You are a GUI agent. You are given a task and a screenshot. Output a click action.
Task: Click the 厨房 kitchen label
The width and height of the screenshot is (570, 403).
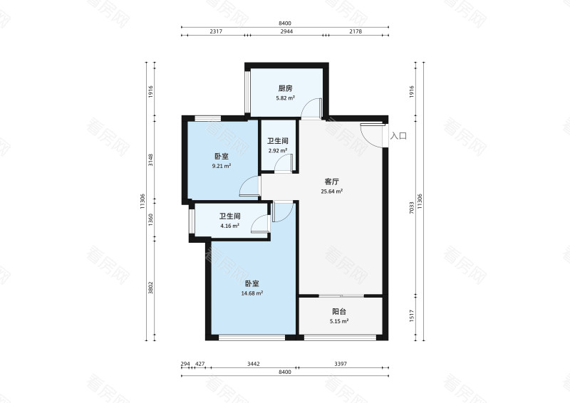[x=286, y=88]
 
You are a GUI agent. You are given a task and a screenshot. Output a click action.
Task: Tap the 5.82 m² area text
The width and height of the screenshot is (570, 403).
[x=286, y=98]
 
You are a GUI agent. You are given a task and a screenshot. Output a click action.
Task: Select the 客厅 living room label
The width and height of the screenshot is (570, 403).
[x=331, y=182]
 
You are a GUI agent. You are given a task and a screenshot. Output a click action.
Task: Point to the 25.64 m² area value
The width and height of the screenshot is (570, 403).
[x=331, y=192]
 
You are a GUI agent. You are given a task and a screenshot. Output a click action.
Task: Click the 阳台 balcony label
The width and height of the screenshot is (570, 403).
[x=339, y=311]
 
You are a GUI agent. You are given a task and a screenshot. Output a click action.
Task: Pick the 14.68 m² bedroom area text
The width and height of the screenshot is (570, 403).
[x=252, y=293]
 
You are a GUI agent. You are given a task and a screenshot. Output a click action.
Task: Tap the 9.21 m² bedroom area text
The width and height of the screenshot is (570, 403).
[x=222, y=166]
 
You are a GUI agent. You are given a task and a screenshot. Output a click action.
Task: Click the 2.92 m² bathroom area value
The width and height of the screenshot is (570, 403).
[x=278, y=150]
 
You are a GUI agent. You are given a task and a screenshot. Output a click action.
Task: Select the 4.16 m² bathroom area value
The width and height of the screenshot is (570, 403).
[x=229, y=226]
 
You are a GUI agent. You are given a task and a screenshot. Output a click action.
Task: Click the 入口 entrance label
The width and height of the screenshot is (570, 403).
[x=398, y=136]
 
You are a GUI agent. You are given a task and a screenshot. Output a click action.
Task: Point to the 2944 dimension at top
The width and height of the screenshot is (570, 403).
[x=286, y=31]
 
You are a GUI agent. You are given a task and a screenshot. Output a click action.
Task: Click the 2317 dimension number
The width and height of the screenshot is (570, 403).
[x=216, y=31]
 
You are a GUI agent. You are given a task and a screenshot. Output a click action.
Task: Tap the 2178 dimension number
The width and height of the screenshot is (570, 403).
[x=356, y=31]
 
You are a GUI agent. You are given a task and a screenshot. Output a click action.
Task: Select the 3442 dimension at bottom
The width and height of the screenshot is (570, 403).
[x=254, y=364]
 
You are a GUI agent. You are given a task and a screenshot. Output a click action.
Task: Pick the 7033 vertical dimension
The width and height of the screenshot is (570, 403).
[x=412, y=207]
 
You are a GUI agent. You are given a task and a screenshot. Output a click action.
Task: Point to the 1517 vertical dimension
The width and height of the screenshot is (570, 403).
[x=412, y=315]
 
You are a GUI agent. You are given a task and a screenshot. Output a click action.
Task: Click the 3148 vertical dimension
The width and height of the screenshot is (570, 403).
[x=150, y=160]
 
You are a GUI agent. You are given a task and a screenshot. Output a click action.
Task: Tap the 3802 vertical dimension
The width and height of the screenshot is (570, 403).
[x=150, y=288]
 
